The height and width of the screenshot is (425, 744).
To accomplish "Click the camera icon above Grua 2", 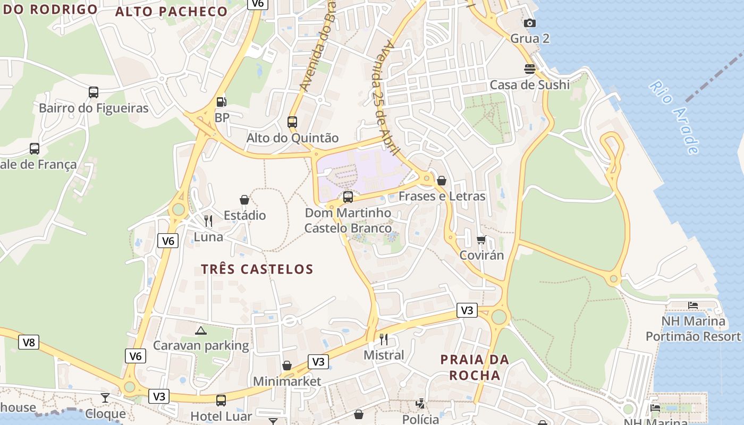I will coord(530,23).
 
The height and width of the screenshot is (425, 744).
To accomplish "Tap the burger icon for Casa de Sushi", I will coord(530,69).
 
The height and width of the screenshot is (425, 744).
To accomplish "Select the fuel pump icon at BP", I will coord(221,101).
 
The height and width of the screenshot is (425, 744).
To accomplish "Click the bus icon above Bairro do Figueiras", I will coord(94,92).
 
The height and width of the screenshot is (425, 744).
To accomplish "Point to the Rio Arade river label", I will coord(673,117).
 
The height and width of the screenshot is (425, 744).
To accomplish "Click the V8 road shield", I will coord(29,342).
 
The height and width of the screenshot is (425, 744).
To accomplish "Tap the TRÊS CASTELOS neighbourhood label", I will coord(257,269).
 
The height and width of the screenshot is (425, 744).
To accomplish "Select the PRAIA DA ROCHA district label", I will coord(475,368).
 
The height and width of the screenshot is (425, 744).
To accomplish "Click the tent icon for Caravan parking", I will coord(201,330).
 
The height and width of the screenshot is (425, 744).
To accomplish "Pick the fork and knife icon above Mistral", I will coord(384,339).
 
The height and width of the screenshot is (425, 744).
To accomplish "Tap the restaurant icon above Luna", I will coord(208,221).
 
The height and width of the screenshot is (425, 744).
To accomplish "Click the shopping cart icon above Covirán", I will coord(481,240).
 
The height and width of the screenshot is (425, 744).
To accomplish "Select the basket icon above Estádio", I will coord(244,200).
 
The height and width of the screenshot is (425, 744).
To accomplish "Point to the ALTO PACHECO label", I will coord(171,12).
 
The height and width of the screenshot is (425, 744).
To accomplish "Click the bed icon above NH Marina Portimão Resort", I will coord(693,305).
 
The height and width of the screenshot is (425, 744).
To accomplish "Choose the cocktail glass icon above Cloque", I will coord(105,398).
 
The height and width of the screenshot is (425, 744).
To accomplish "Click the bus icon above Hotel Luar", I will coord(221,401).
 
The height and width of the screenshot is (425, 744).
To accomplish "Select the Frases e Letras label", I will coord(442,196).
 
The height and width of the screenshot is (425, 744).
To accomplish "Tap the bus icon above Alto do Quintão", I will coord(292,122).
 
